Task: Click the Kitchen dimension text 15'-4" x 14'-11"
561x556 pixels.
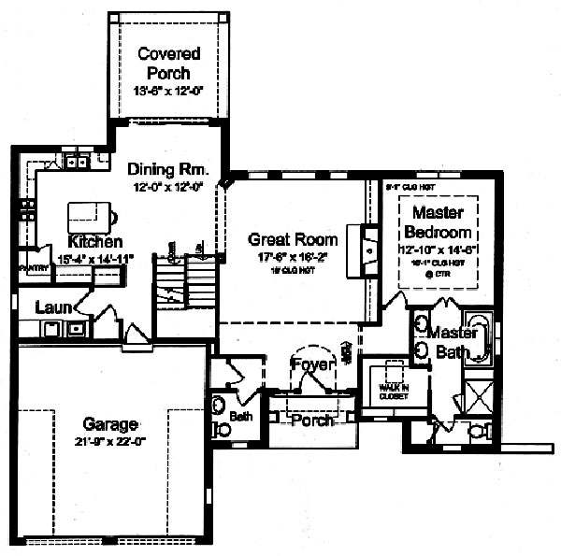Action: coord(83,258)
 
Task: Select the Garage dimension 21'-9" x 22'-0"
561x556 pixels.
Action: coord(109,441)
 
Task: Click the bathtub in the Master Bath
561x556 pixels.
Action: coord(478,339)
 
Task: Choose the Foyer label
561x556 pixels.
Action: coord(311,364)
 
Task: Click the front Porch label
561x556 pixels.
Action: coord(311,421)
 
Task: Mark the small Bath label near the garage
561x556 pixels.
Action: coord(241,416)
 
